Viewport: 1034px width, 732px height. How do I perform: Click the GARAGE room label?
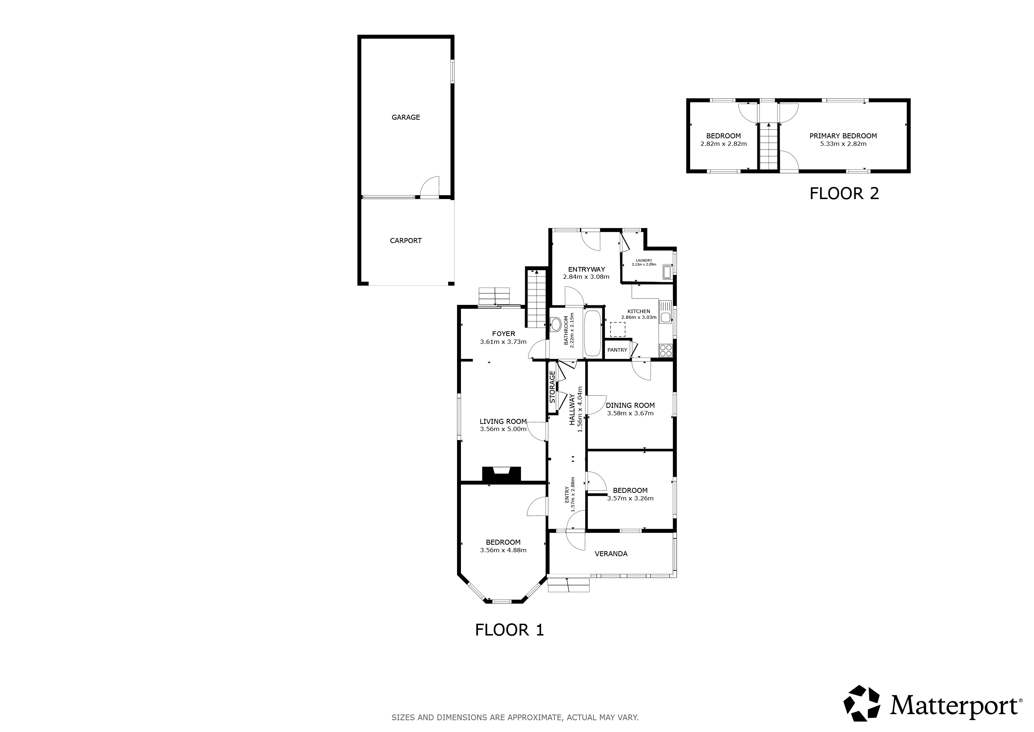[405, 117]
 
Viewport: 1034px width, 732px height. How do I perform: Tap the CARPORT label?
[405, 241]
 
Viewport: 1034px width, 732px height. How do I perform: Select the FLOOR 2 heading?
[844, 193]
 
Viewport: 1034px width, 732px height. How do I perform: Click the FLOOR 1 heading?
[510, 630]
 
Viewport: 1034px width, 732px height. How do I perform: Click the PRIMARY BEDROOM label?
[843, 136]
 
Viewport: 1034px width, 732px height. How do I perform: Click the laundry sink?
[667, 272]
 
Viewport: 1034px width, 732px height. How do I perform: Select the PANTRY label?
[617, 350]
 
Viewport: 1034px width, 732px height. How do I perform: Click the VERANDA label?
[611, 554]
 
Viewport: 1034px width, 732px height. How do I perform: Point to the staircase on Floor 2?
[768, 147]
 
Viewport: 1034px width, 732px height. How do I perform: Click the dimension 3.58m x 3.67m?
[630, 413]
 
